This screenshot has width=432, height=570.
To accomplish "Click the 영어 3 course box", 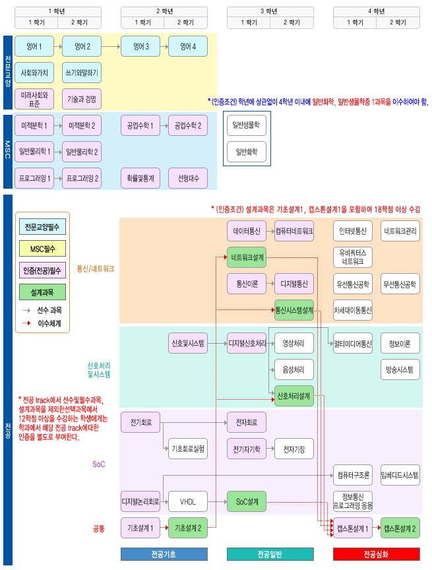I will (139, 47).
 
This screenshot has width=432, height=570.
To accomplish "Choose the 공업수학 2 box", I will (188, 125).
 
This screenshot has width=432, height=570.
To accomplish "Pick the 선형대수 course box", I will (188, 178).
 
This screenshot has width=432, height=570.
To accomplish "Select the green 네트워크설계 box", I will (247, 257).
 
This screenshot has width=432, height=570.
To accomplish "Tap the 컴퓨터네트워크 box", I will (294, 232).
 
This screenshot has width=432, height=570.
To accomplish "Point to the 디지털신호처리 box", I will (247, 343).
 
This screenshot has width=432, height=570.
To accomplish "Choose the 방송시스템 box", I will (400, 369).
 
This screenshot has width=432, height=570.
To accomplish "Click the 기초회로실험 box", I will (188, 449).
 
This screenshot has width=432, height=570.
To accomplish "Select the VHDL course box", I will (188, 501).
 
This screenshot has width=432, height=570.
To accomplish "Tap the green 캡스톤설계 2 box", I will (400, 528).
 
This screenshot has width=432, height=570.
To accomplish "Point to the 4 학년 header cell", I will (376, 11).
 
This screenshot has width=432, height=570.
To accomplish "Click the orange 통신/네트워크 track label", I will (96, 269).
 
